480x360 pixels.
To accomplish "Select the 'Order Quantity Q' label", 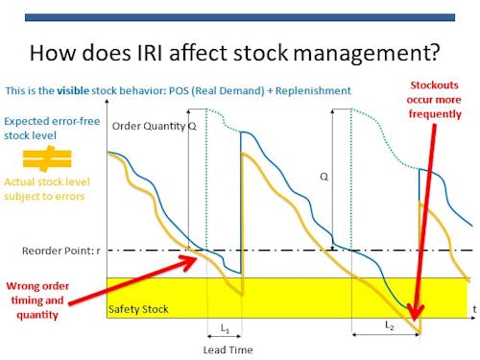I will (153, 127).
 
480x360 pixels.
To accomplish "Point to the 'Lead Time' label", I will (228, 349).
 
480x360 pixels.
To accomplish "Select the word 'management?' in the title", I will (365, 53).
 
